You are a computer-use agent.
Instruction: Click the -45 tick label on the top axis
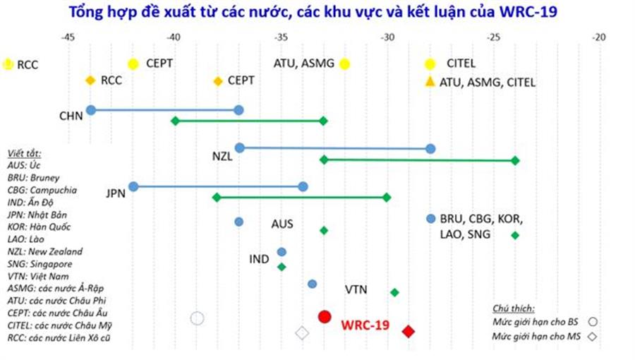click(x=68, y=37)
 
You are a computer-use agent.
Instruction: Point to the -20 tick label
click(x=598, y=37)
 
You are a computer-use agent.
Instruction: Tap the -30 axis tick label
click(x=387, y=37)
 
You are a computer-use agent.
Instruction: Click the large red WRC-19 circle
click(x=325, y=317)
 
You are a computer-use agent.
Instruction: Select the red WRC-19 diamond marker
click(x=409, y=331)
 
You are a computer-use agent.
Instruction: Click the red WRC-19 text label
click(x=365, y=325)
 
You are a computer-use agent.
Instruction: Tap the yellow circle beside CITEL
click(x=430, y=64)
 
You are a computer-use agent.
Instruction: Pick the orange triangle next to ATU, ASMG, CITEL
click(x=429, y=82)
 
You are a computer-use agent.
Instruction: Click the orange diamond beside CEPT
click(x=218, y=81)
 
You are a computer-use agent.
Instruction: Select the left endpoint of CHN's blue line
click(x=91, y=109)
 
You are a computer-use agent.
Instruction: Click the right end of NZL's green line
click(x=515, y=161)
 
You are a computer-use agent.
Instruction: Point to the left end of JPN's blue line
click(x=133, y=186)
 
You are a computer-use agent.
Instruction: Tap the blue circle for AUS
click(x=239, y=222)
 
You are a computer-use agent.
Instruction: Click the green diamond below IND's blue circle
click(x=282, y=267)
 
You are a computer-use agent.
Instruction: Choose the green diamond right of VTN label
click(x=394, y=292)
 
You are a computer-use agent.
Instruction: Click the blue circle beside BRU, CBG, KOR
click(x=431, y=219)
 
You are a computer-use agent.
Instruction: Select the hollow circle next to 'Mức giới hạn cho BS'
click(x=593, y=322)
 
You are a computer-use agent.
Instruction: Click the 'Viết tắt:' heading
click(x=24, y=153)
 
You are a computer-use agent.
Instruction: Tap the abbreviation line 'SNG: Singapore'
click(x=40, y=264)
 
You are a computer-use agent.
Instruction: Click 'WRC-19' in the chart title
click(x=528, y=12)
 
